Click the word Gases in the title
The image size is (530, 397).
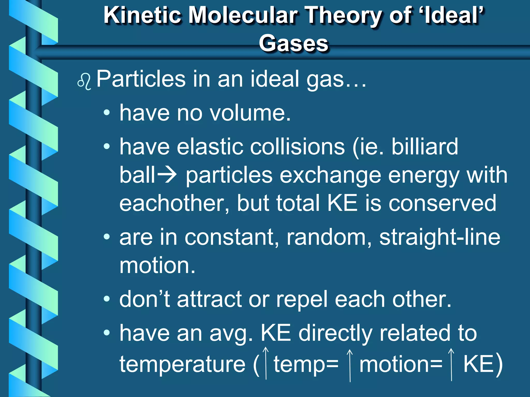pos(293,43)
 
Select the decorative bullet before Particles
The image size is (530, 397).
pos(84,81)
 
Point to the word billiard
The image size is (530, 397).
pos(424,147)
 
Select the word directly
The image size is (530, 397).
pos(335,333)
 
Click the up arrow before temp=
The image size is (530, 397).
pos(266,363)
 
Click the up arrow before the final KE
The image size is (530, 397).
pos(451,364)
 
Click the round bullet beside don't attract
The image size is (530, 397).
pos(107,299)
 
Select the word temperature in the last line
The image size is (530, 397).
pos(182,364)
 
